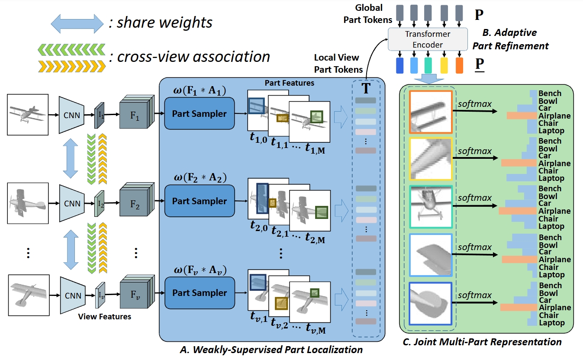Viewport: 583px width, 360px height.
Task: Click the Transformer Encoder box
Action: tap(428, 39)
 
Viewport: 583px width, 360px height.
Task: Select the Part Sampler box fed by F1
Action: tap(199, 114)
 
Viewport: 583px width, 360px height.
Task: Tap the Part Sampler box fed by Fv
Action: tap(199, 293)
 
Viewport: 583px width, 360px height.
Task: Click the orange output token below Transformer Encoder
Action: tap(459, 65)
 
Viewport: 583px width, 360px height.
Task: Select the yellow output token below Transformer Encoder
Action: tap(444, 65)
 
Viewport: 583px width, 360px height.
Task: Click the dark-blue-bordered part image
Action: tap(431, 303)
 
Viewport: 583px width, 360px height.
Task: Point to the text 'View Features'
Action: tap(104, 316)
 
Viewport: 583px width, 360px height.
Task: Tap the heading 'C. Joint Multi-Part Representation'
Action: tap(482, 342)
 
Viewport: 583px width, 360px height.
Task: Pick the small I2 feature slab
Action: tap(99, 202)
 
